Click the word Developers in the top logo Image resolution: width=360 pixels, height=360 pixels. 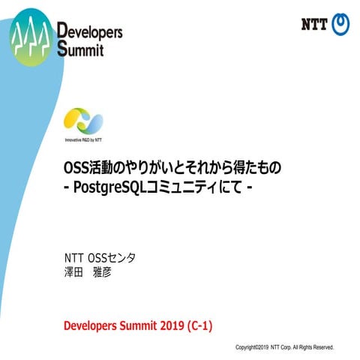pos(89,33)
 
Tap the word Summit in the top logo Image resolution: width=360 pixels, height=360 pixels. pos(80,50)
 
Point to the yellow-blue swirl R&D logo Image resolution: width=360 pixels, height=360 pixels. pos(83,121)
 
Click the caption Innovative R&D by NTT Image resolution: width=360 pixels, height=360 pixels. pos(83,139)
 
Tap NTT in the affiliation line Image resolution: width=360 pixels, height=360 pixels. pos(75,258)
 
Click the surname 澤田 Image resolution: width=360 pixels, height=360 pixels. pos(74,271)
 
